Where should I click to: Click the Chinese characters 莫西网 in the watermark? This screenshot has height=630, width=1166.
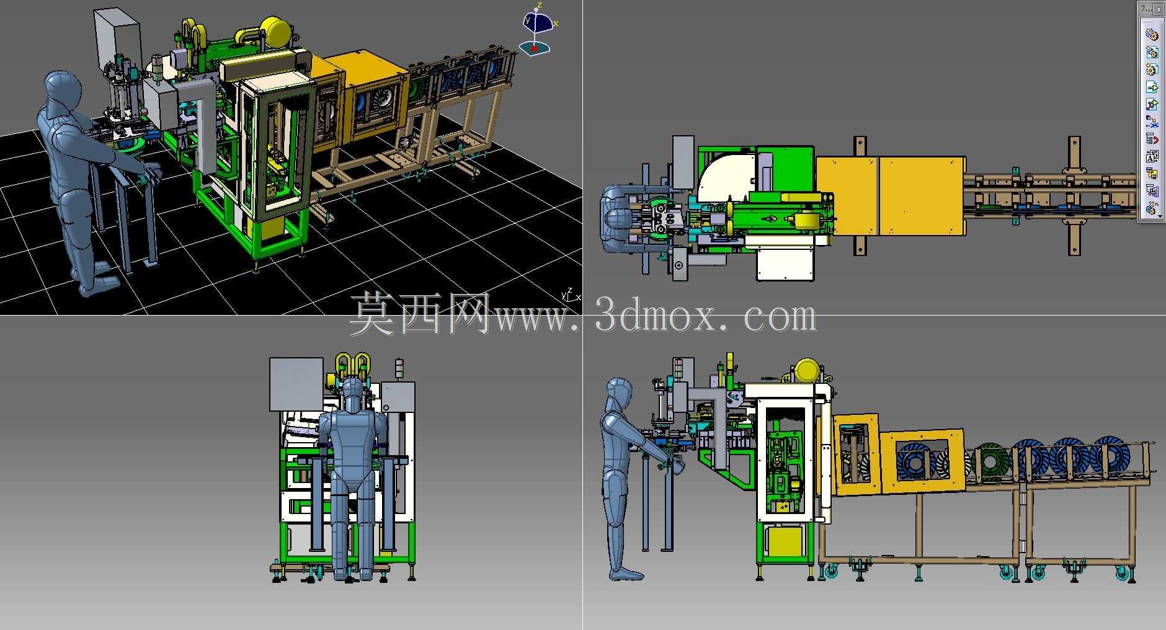pyautogui.click(x=422, y=315)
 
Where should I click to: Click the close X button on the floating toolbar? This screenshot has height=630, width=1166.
pyautogui.click(x=1159, y=9)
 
